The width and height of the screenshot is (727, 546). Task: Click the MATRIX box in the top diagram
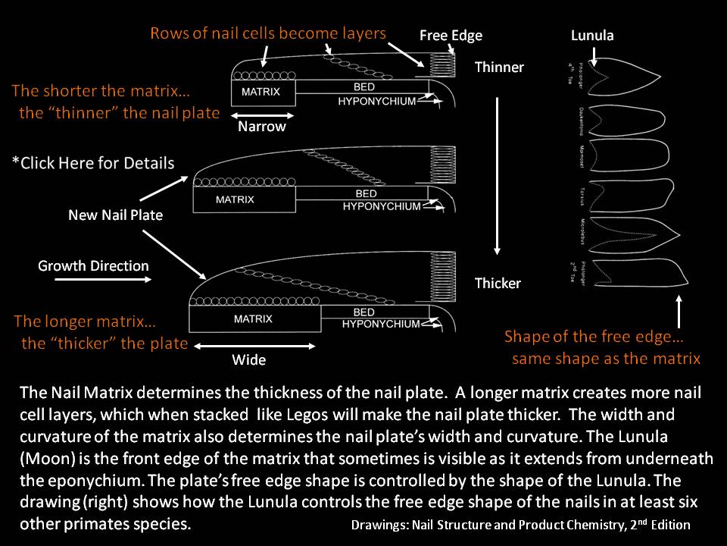point(261,92)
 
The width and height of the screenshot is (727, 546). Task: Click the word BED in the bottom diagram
point(364,312)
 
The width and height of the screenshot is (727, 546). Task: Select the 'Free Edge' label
point(451,36)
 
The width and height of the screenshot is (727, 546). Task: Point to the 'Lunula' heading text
point(592,36)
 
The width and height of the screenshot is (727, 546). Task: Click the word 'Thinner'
point(499,67)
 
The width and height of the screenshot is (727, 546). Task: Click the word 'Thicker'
point(498,284)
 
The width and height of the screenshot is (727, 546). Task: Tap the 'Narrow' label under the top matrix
point(262,127)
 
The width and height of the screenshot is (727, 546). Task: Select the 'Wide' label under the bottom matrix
point(249,360)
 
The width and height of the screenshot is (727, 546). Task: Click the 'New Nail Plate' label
point(115,215)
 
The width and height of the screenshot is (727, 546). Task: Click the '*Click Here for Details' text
point(93,163)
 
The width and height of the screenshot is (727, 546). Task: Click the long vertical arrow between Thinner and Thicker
point(498,174)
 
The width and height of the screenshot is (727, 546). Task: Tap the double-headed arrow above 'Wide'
point(252,346)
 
